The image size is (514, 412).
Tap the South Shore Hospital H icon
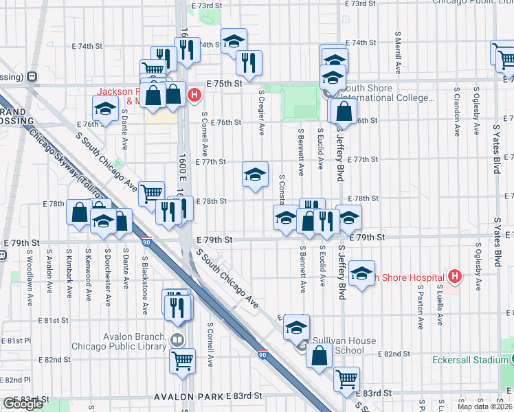click(x=454, y=277)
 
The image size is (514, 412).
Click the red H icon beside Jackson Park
click(x=194, y=95)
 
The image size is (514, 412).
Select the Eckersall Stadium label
click(x=471, y=360)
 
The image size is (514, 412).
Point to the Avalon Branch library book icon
click(x=177, y=339)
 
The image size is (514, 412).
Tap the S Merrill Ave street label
click(x=398, y=52)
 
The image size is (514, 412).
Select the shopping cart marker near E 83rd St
click(x=346, y=378)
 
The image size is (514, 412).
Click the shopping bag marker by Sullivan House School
click(x=319, y=356)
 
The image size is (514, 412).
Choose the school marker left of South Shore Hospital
click(x=361, y=273)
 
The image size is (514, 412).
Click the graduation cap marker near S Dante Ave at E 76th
click(x=105, y=108)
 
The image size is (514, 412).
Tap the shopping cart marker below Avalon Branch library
click(x=182, y=359)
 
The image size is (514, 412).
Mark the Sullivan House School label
click(x=346, y=345)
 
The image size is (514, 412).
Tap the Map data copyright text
click(x=484, y=407)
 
